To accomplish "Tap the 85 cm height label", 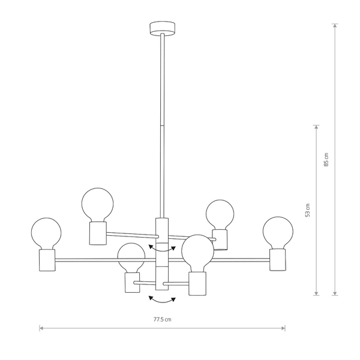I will coord(326,160).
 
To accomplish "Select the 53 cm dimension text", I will coord(308,210).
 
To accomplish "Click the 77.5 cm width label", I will coord(162,320).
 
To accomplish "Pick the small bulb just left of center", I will coord(131,258).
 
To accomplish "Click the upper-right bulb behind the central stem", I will coord(220,214).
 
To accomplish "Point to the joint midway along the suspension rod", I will coord(162,124).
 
